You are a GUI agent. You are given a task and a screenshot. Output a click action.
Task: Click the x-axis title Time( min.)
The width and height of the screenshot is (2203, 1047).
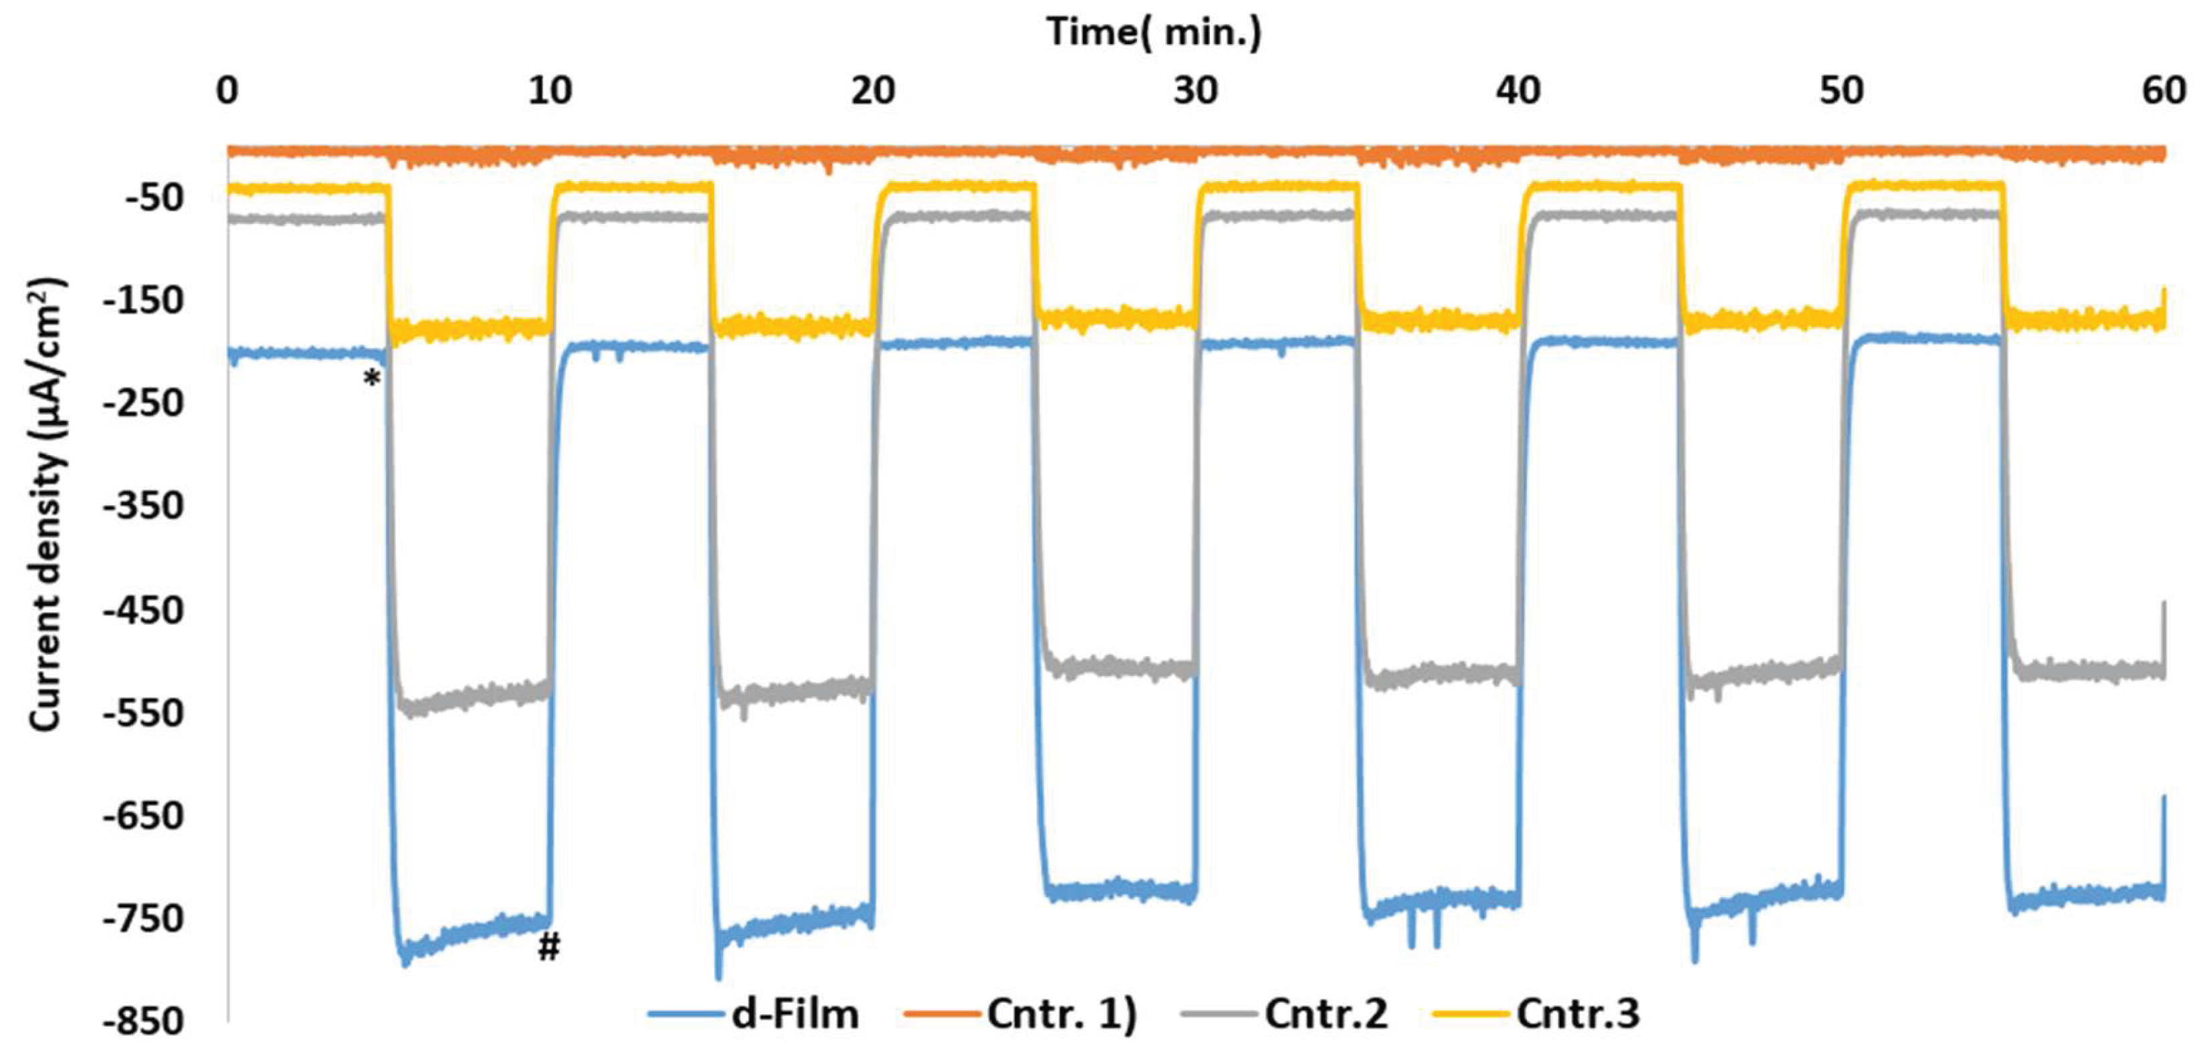(x=1154, y=33)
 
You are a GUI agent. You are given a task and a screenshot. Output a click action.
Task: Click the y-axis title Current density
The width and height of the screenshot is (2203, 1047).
(x=47, y=504)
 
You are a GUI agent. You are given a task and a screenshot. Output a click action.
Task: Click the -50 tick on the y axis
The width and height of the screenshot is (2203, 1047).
(x=154, y=198)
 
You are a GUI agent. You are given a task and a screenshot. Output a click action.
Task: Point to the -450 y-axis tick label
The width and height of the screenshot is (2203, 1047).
(x=143, y=610)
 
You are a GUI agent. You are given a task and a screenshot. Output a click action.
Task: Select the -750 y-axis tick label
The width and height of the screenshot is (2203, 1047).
(x=143, y=919)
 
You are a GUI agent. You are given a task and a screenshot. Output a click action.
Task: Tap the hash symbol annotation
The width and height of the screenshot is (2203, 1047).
(x=548, y=946)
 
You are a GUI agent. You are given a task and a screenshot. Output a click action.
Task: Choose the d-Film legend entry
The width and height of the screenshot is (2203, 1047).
(x=795, y=1014)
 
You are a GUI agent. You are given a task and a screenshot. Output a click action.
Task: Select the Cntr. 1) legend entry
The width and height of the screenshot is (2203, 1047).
(x=1061, y=1014)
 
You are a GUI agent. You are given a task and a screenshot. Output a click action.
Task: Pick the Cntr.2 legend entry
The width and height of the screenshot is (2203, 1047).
(x=1326, y=1014)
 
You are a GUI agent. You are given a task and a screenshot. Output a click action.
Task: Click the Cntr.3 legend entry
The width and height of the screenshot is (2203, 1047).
(x=1578, y=1014)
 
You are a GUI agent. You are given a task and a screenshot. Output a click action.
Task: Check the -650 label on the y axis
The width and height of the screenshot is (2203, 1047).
(x=143, y=816)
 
